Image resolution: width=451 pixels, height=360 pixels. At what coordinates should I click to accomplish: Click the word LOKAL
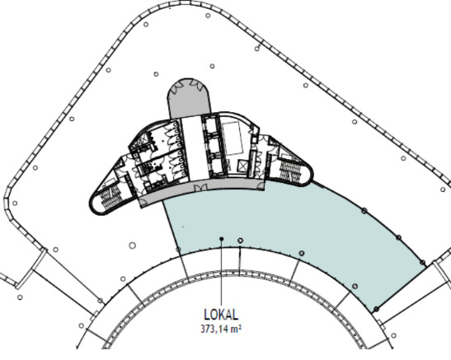point(221,315)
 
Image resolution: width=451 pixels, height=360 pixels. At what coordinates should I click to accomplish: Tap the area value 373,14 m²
point(221,329)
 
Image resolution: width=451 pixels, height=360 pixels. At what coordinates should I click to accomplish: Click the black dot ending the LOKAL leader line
point(222,239)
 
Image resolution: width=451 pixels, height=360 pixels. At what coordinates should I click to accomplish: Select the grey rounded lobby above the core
point(189,98)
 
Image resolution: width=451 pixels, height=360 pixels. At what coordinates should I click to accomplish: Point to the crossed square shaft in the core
point(243,166)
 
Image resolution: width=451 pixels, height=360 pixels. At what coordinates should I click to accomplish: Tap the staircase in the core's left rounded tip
point(110,197)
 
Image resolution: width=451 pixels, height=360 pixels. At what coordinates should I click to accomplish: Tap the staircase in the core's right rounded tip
point(290,171)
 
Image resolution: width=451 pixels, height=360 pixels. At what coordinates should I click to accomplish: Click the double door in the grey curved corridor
point(200,188)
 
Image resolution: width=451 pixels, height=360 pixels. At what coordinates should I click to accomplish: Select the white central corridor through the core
point(195,148)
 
